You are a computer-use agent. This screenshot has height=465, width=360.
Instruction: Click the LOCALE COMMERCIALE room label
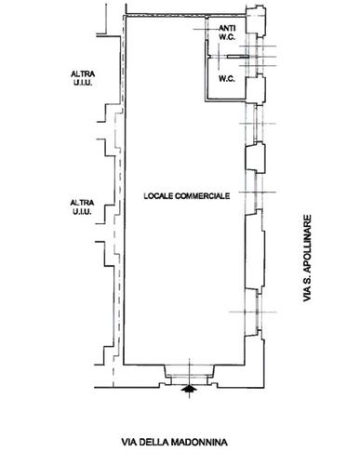click(187, 196)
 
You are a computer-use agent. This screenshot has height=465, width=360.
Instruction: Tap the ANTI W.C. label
click(227, 33)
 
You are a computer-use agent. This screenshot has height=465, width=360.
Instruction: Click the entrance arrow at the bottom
click(190, 389)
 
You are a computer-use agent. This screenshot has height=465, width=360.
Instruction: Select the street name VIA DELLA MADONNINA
click(174, 442)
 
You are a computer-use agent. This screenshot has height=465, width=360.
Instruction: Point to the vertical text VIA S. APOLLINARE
click(307, 258)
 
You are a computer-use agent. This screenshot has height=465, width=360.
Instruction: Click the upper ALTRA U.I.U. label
click(83, 78)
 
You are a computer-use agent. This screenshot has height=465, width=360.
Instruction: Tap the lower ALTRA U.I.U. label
click(82, 207)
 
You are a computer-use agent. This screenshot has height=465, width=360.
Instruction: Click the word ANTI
click(227, 28)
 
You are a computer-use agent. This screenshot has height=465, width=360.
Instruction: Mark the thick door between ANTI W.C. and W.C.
click(238, 57)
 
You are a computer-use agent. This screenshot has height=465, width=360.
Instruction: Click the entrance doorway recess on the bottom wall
click(189, 375)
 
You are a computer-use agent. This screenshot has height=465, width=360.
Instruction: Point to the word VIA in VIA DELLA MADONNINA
click(128, 442)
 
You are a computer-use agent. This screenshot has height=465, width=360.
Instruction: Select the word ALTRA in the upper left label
click(83, 74)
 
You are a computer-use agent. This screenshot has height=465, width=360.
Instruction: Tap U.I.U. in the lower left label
click(82, 211)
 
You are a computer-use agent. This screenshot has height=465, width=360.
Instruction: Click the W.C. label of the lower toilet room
click(227, 79)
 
